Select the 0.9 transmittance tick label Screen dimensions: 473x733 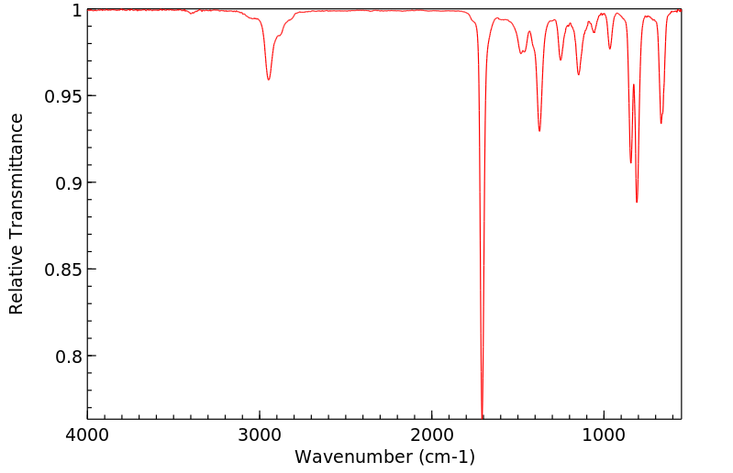[x=67, y=183]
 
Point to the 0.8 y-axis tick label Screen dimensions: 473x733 [x=67, y=357]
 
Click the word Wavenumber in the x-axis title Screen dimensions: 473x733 [x=353, y=456]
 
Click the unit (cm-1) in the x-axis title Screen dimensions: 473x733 [x=446, y=456]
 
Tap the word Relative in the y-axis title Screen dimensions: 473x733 [x=17, y=280]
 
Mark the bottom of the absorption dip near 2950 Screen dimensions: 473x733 [x=268, y=80]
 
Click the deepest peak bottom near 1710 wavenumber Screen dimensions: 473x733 [x=482, y=416]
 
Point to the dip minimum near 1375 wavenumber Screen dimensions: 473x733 [x=539, y=131]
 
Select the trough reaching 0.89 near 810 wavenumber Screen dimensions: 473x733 [x=637, y=202]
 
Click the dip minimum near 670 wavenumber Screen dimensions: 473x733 [x=661, y=123]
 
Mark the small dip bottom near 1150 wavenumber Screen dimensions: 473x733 [x=578, y=74]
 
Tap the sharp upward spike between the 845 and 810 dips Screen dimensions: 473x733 [x=633, y=85]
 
